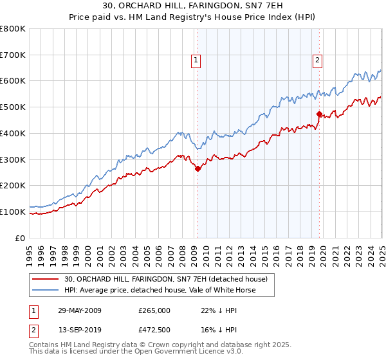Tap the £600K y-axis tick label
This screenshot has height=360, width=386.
13,81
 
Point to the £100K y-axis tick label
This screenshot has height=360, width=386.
13,212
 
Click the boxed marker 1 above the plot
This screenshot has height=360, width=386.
196,61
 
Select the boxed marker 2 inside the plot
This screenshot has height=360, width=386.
318,61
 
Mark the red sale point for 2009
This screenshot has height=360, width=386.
198,168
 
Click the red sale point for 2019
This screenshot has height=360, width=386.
319,114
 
